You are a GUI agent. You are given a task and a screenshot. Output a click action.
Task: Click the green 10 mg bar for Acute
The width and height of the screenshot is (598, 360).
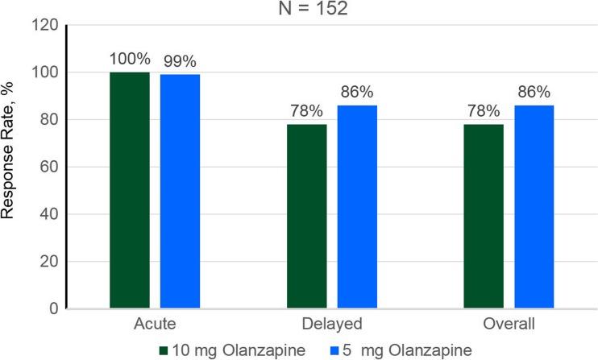(130, 190)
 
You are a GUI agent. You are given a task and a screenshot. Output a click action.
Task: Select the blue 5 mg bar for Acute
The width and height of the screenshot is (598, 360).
(180, 192)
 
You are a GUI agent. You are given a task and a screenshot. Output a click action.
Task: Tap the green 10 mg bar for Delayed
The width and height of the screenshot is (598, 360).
(307, 216)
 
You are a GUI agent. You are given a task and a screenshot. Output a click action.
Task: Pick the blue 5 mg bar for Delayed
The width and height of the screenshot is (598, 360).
(357, 207)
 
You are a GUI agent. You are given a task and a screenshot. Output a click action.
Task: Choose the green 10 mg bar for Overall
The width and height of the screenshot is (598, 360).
(484, 216)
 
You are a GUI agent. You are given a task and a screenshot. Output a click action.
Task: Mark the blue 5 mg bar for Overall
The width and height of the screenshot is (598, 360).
(534, 207)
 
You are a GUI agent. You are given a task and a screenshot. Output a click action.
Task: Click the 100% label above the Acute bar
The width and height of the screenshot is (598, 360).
(130, 60)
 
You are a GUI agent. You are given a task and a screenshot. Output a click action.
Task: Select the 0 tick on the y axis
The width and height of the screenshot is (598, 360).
(52, 308)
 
